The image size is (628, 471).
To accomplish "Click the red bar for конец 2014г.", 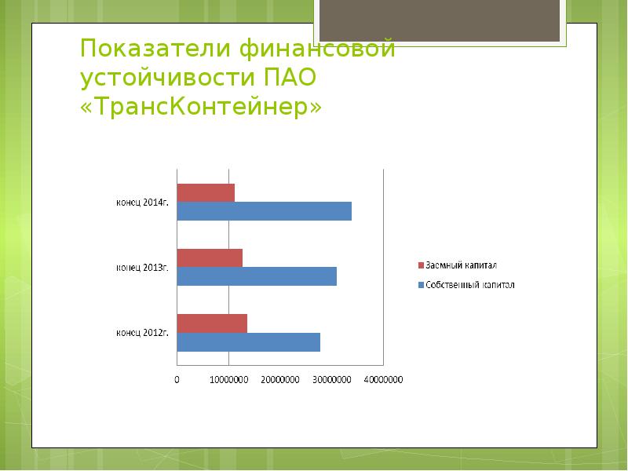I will pos(206,192).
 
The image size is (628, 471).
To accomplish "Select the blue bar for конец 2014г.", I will pos(264,211).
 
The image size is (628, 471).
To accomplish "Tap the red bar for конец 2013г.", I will pos(210,257).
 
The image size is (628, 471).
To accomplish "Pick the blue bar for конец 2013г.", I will pos(257,276).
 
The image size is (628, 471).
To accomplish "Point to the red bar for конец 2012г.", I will pos(212,323).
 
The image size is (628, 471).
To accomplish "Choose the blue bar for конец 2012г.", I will pos(248,342).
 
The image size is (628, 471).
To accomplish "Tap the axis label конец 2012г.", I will pos(143,333).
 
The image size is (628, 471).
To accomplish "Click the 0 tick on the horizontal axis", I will pos(177,380).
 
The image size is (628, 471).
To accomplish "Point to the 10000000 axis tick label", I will pos(228,380).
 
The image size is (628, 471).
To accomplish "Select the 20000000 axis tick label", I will pos(280,380).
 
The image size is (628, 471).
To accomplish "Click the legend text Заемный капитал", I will pos(461,265).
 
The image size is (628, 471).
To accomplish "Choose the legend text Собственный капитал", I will pos(469,285).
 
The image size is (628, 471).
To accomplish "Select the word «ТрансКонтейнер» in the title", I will pos(201,107).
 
